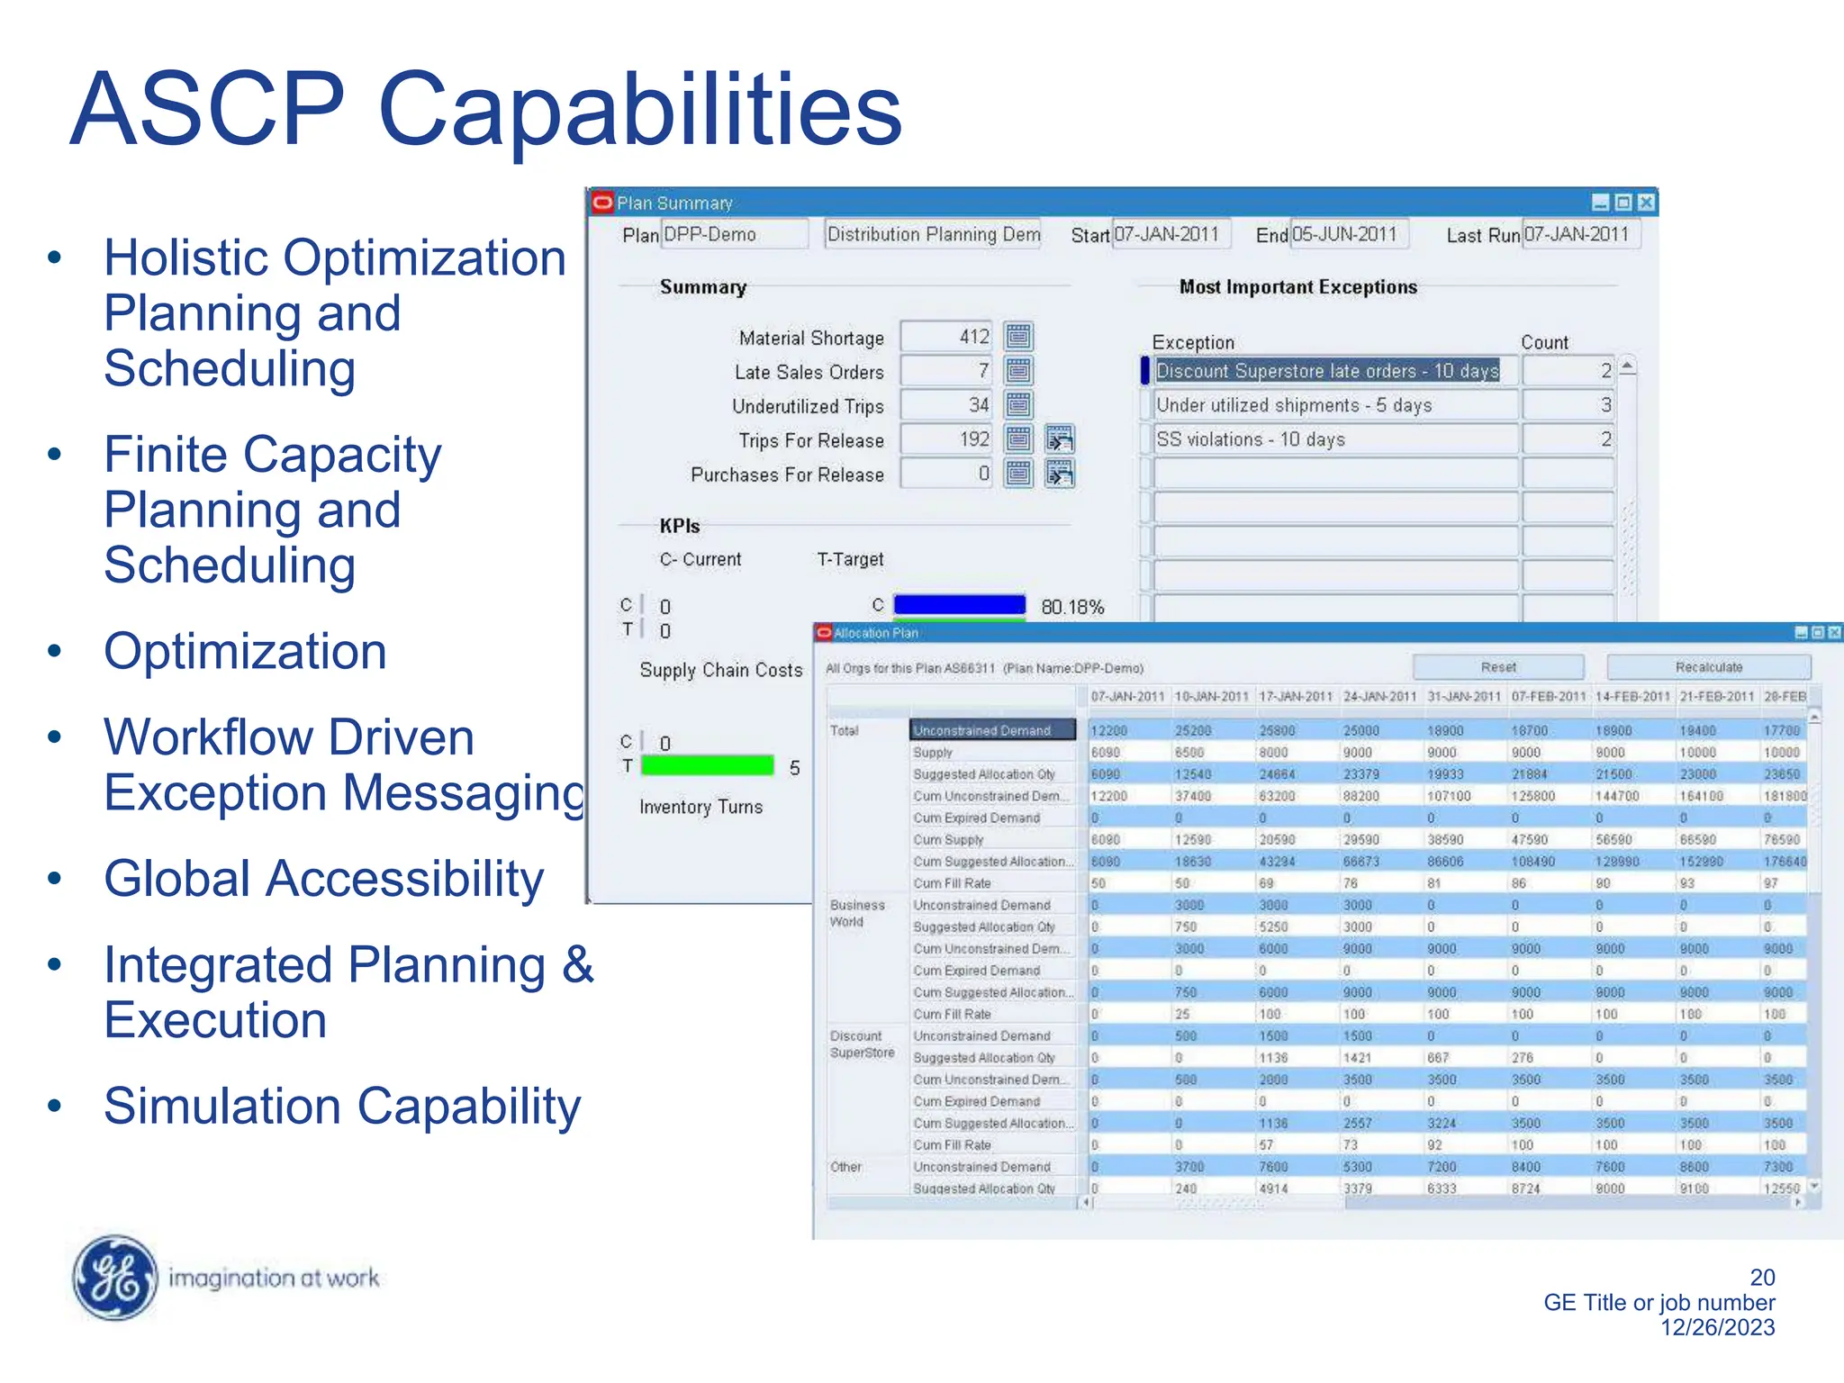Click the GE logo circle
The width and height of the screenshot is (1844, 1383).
[114, 1277]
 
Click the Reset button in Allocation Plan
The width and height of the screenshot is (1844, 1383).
[1498, 667]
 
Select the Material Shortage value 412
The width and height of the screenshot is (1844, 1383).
[946, 337]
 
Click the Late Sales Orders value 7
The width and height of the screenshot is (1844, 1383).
[946, 371]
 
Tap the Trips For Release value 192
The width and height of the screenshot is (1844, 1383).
[946, 439]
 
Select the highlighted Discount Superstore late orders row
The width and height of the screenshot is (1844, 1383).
[1327, 371]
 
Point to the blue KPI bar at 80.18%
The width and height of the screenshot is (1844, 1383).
[959, 604]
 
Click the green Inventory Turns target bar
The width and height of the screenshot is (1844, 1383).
[708, 766]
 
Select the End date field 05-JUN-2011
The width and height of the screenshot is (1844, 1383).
[1348, 234]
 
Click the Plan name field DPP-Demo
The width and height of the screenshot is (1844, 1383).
[734, 234]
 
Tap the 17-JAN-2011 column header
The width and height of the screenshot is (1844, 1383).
[1295, 697]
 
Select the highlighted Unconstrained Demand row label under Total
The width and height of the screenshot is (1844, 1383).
[992, 730]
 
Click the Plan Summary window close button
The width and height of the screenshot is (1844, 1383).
[1646, 203]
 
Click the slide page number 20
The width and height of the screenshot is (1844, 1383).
[1762, 1277]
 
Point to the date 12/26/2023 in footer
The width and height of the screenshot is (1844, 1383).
[1717, 1327]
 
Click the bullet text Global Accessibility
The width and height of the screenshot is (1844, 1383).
[324, 879]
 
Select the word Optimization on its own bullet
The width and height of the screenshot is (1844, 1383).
[245, 651]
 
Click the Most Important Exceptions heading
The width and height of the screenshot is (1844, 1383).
[1297, 287]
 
